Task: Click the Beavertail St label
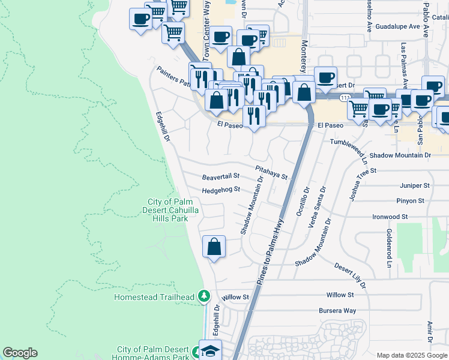[220, 177]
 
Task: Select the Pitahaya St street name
[271, 173]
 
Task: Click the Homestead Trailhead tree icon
[204, 296]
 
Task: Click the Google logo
[20, 353]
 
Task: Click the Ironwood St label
[390, 217]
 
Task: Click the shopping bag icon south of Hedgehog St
[214, 247]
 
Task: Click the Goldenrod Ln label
[389, 247]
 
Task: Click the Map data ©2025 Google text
[411, 355]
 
